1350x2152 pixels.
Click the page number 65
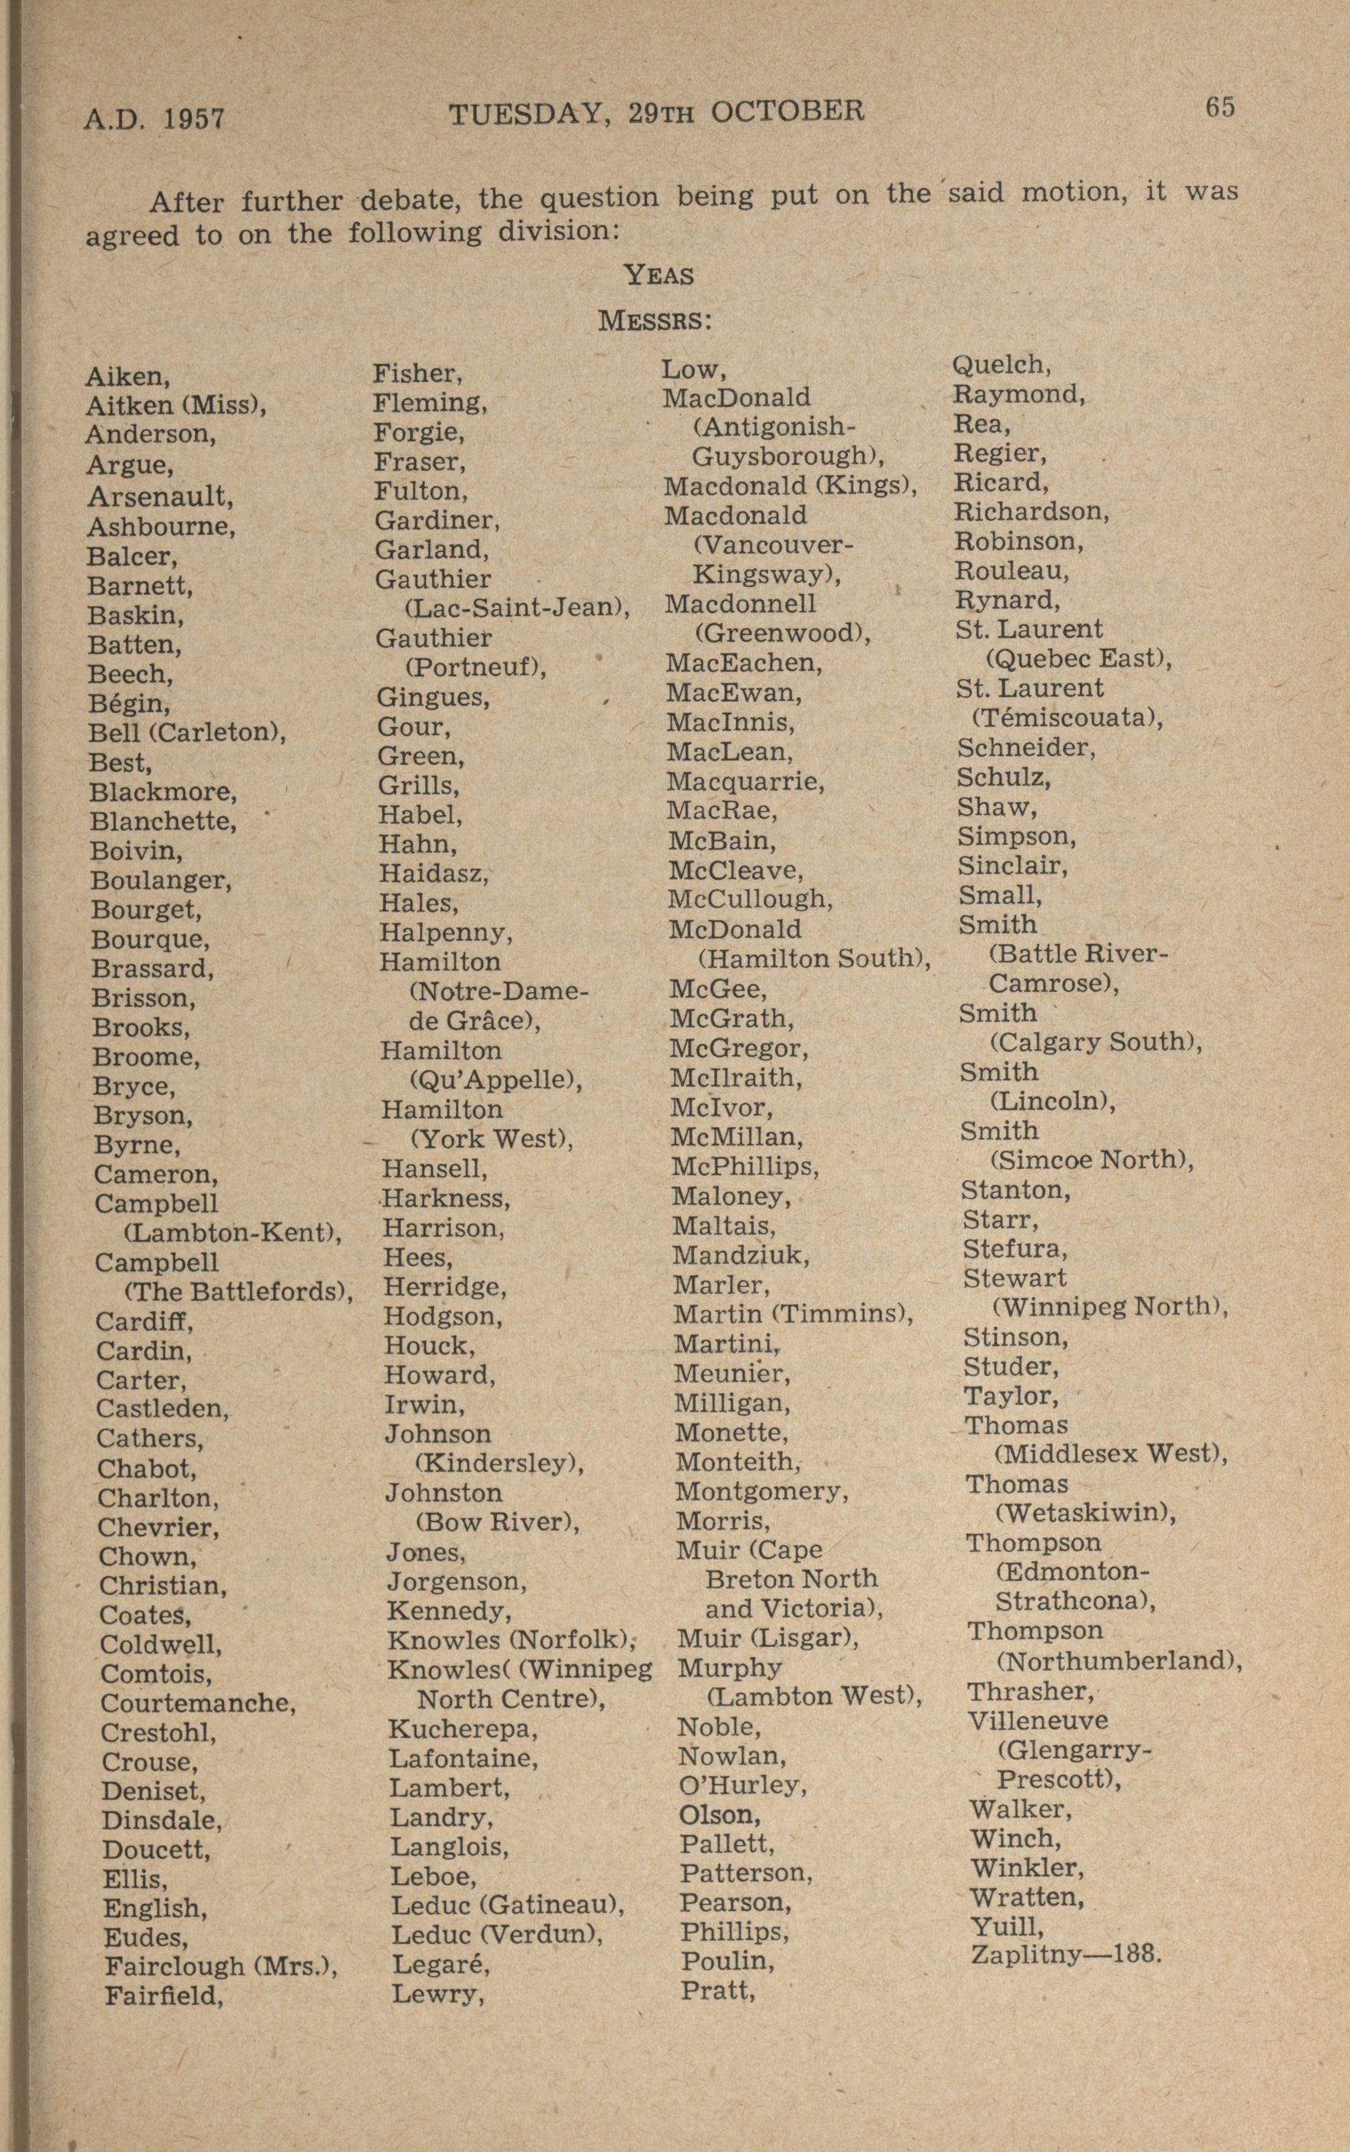coord(1220,107)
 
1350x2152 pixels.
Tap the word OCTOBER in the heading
coord(787,111)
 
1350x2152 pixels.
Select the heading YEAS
coord(659,275)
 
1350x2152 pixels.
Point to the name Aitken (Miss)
coord(176,406)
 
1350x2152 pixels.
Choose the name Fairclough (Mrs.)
coord(220,1966)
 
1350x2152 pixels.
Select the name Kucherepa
coord(463,1730)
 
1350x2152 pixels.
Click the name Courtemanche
coord(197,1703)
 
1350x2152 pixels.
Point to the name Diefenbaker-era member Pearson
coord(734,1902)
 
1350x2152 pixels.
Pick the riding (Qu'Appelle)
coord(496,1080)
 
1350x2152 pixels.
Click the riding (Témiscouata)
coord(1067,718)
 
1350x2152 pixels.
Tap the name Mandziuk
coord(740,1256)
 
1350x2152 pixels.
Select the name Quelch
coord(1002,365)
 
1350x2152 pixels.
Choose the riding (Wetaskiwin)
coord(1084,1513)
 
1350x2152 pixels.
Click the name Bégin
coord(130,703)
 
